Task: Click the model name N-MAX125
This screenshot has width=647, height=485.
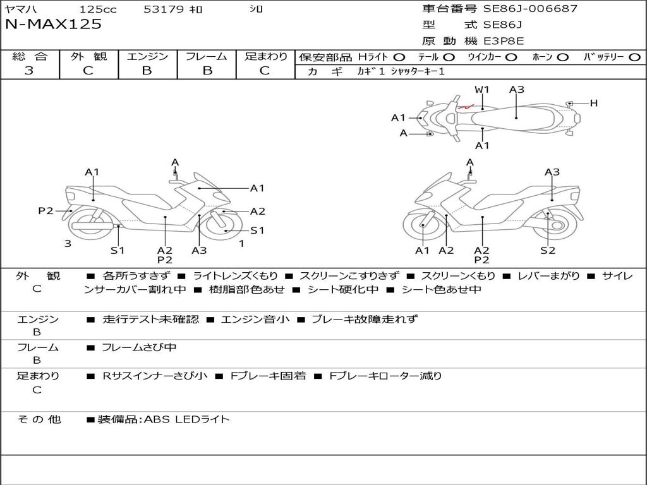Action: pyautogui.click(x=53, y=25)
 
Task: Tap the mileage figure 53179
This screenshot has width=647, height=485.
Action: pyautogui.click(x=164, y=9)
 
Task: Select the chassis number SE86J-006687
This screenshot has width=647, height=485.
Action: pyautogui.click(x=530, y=9)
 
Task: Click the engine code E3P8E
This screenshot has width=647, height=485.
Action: pyautogui.click(x=504, y=41)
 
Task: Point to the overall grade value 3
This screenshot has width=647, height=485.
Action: pyautogui.click(x=29, y=71)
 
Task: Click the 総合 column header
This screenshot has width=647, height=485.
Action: pyautogui.click(x=30, y=56)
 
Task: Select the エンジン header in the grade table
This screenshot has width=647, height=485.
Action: pyautogui.click(x=147, y=56)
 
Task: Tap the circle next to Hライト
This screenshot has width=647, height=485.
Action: pyautogui.click(x=399, y=57)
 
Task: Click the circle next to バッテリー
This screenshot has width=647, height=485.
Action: pyautogui.click(x=634, y=57)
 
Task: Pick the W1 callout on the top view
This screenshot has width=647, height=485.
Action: pyautogui.click(x=482, y=90)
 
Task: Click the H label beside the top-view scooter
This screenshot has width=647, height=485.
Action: pyautogui.click(x=593, y=103)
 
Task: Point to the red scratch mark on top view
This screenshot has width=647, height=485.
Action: pyautogui.click(x=466, y=107)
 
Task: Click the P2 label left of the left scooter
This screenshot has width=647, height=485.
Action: pyautogui.click(x=45, y=211)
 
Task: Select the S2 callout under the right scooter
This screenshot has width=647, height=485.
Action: pyautogui.click(x=547, y=250)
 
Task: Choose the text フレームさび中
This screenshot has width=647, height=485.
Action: pyautogui.click(x=139, y=347)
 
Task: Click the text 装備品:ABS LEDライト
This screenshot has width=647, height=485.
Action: pyautogui.click(x=163, y=419)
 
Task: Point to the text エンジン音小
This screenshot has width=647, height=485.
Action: pyautogui.click(x=255, y=320)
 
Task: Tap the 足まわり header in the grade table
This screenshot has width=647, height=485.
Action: pyautogui.click(x=265, y=56)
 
